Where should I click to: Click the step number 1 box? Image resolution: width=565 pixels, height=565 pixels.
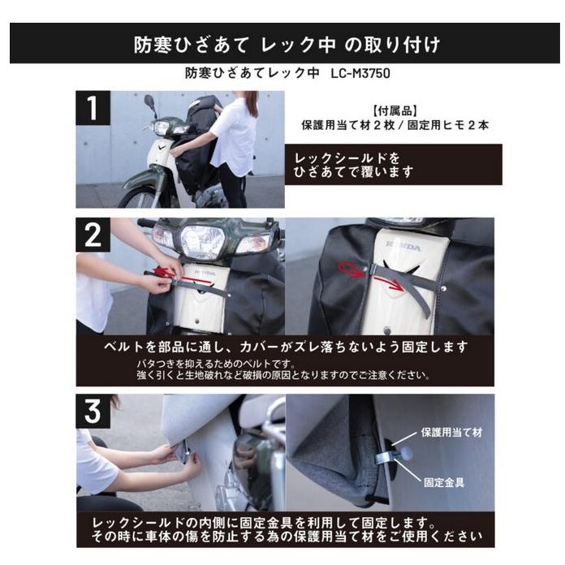[92, 107]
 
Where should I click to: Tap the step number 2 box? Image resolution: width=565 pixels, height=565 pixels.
[93, 235]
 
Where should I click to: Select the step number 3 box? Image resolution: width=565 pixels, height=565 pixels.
[93, 412]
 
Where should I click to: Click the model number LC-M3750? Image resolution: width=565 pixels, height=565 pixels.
[361, 72]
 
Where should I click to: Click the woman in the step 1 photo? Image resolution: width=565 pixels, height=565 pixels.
[235, 142]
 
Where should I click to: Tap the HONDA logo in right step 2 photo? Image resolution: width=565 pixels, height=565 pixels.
[403, 246]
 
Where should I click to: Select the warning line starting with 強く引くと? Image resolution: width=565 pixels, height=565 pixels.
[283, 375]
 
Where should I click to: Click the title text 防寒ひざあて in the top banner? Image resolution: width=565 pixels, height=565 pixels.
[178, 44]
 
